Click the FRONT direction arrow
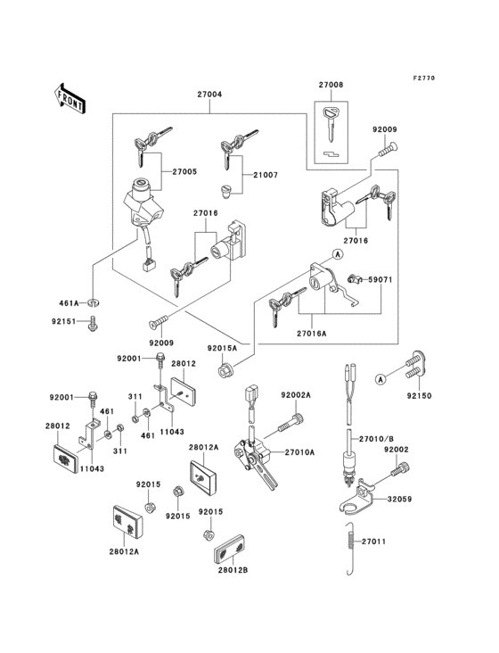(70, 99)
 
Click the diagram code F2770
(424, 78)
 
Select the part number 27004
(209, 95)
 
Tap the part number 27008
(331, 85)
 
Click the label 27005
(184, 172)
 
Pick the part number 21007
(266, 176)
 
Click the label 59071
(380, 280)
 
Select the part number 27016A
(312, 334)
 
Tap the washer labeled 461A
(95, 302)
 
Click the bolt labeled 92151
(93, 324)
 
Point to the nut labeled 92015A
(225, 370)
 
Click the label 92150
(419, 396)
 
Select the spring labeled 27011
(350, 549)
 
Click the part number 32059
(399, 499)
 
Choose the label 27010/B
(376, 439)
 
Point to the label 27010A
(299, 452)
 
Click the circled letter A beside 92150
(380, 379)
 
